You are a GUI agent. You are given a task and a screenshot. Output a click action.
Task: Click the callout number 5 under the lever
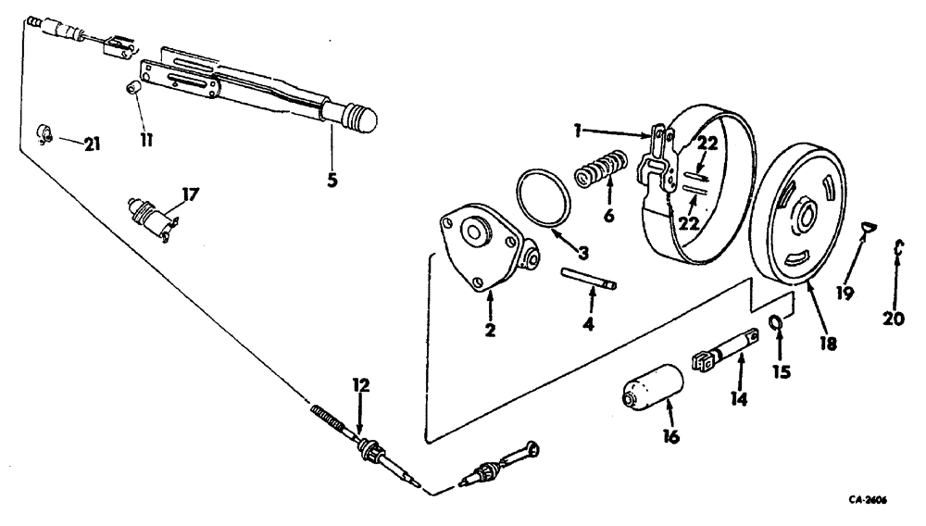(x=332, y=180)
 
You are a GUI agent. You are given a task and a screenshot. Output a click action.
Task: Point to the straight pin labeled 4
(x=590, y=279)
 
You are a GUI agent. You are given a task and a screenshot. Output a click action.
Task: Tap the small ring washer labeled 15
(x=779, y=323)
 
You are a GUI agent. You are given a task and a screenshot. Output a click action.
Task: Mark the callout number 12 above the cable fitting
(x=362, y=382)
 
